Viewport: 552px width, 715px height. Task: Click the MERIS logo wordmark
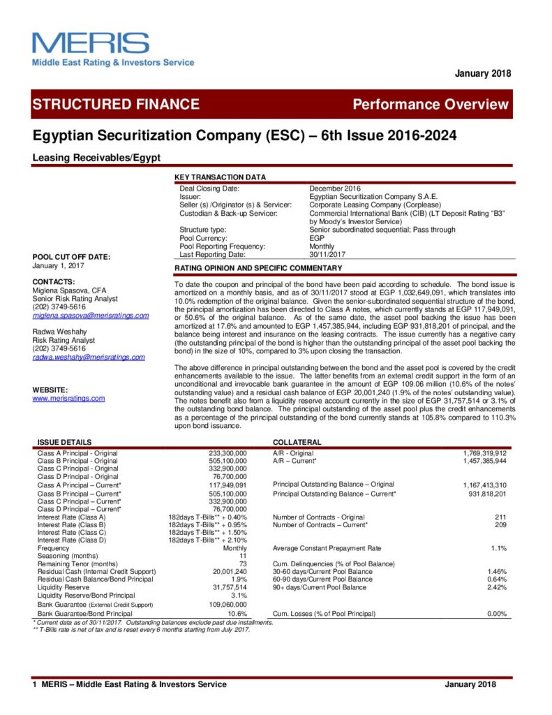pos(91,43)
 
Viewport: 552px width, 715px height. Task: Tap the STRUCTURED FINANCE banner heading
pos(116,105)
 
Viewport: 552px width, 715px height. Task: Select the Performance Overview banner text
pos(431,105)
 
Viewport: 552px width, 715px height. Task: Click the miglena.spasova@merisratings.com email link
pos(91,316)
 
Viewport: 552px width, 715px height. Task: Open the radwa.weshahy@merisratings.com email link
pos(89,357)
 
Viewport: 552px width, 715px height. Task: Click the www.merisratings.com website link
pos(68,398)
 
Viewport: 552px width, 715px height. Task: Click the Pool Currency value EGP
pos(317,238)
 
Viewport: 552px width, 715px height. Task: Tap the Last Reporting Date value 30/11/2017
pos(327,255)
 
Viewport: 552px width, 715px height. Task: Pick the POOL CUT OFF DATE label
pos(71,257)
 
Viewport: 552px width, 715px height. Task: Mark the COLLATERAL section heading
pos(297,443)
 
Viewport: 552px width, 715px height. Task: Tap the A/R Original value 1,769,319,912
pos(480,453)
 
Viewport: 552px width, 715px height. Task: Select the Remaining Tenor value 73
pos(242,563)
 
